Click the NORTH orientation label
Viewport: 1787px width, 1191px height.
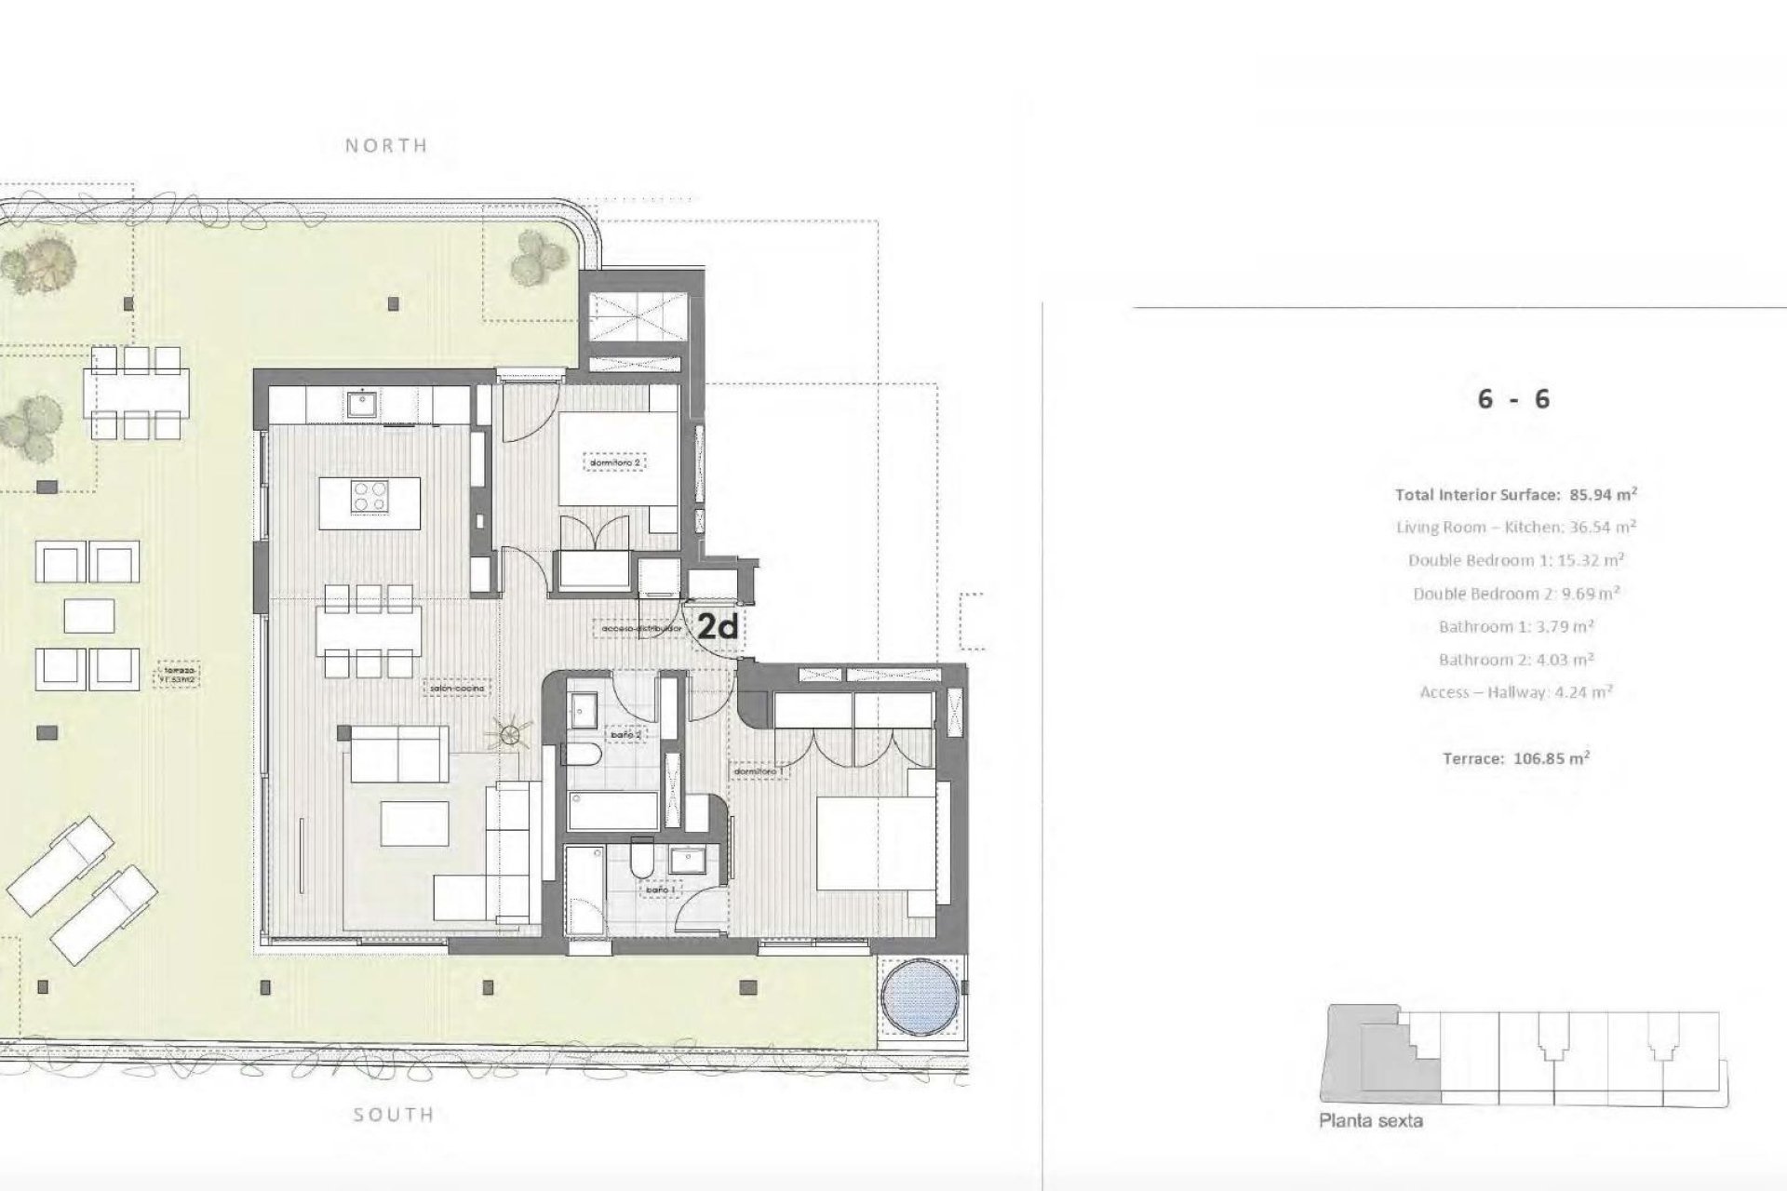tap(386, 145)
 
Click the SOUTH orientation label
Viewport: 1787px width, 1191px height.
tap(394, 1115)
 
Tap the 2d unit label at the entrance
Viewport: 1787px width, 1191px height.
tap(718, 628)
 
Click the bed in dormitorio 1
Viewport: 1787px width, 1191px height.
tap(875, 844)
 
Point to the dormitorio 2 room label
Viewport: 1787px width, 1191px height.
tap(616, 462)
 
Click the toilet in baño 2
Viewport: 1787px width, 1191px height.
tap(585, 757)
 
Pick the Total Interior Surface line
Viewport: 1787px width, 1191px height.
tap(1516, 494)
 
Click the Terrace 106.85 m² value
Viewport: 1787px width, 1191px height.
tap(1516, 758)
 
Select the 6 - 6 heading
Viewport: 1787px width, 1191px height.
tap(1513, 399)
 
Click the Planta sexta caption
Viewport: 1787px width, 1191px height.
tap(1370, 1121)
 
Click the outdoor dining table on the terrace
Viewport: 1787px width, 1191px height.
tap(136, 393)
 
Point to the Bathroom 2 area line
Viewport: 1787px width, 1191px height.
tap(1516, 660)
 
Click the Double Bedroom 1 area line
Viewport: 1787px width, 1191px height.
tap(1516, 560)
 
